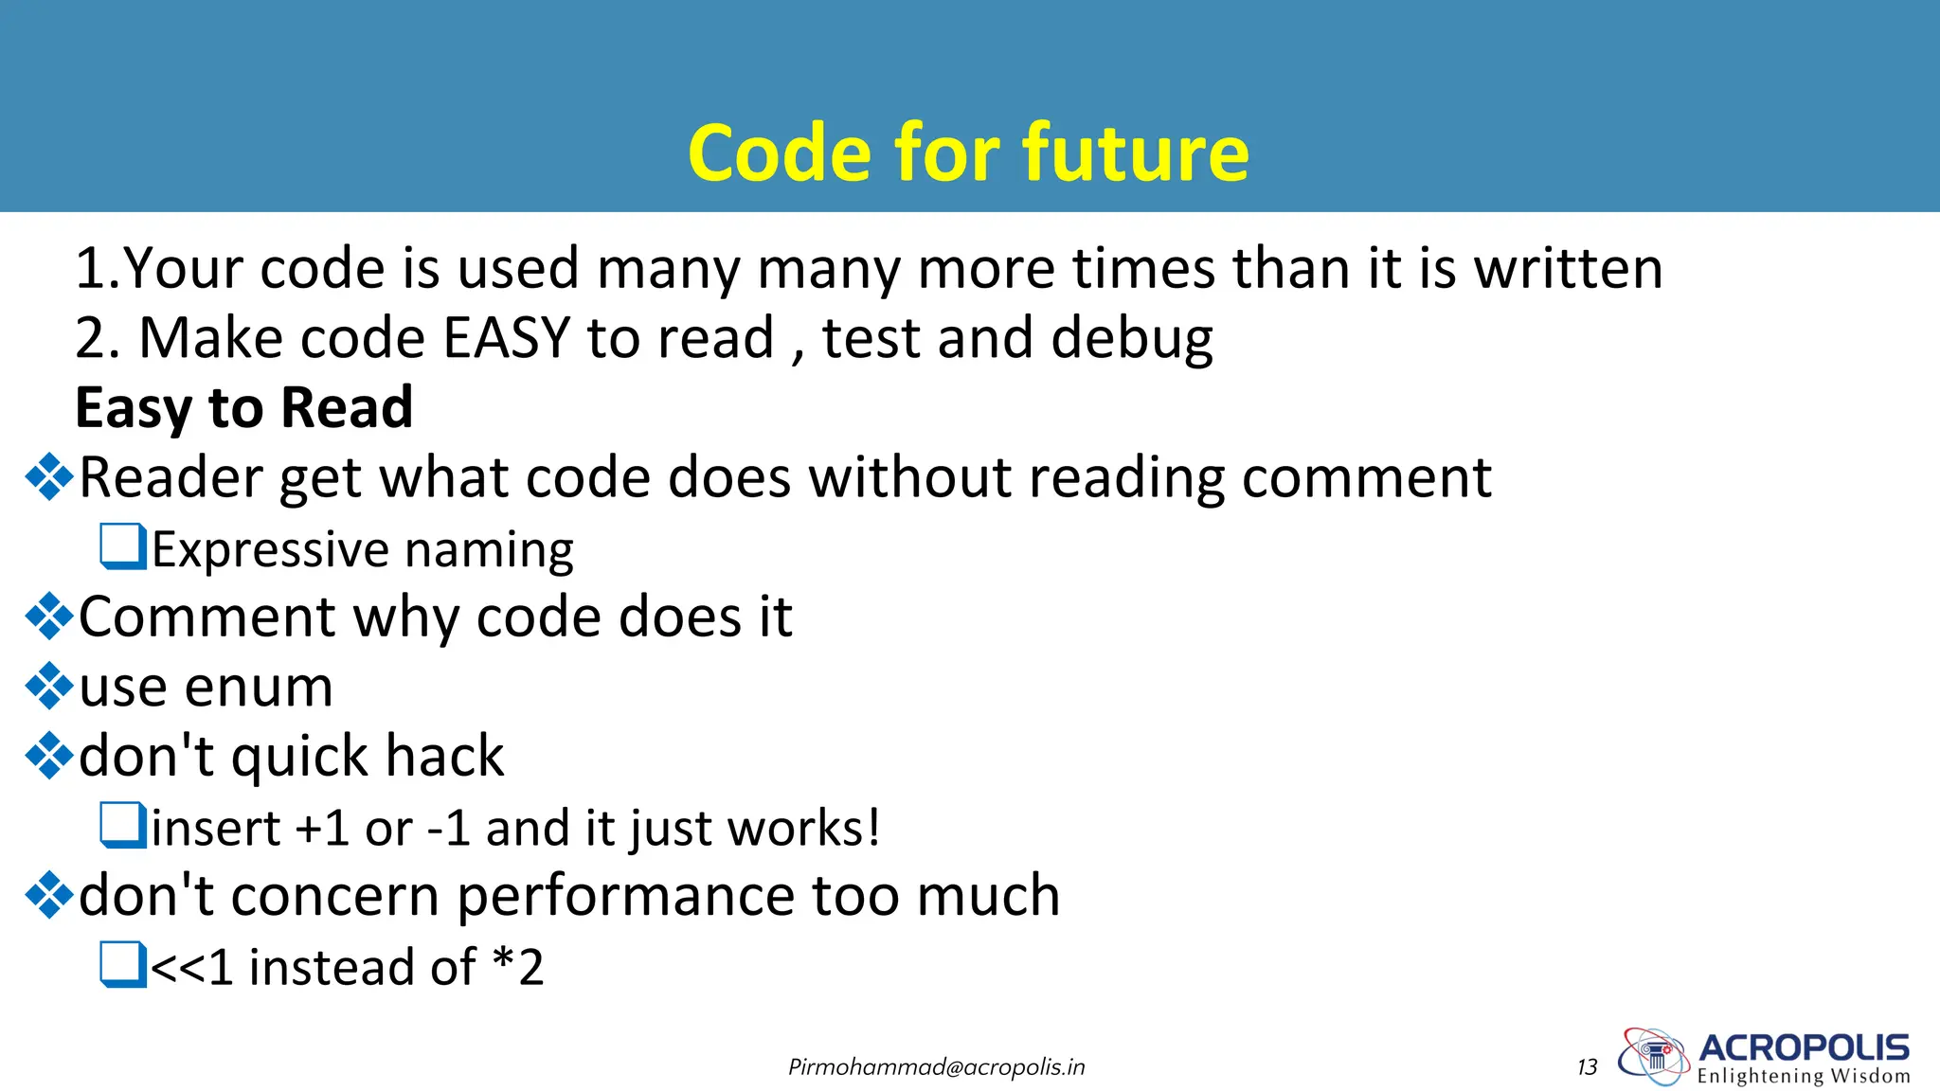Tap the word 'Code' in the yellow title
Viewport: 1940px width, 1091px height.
779,153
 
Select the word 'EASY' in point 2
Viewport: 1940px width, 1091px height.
507,338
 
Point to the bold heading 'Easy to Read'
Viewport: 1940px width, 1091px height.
244,408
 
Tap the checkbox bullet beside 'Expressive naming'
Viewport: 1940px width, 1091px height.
123,547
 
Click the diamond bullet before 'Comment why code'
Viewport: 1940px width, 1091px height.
49,617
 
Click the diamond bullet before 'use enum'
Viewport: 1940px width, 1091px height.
49,687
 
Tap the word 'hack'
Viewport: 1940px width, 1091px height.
444,757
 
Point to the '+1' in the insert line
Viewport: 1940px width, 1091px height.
322,828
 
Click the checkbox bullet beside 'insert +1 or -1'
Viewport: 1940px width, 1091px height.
123,826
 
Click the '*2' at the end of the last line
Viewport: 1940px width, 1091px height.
518,967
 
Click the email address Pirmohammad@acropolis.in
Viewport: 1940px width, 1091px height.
936,1067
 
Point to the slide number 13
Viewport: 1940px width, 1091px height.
1588,1067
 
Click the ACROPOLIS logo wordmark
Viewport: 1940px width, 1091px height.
1804,1047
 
